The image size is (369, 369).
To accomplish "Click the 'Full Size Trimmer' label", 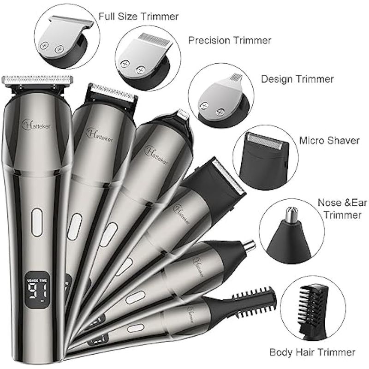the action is tap(138, 17).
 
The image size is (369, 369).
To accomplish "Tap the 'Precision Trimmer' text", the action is tap(230, 41).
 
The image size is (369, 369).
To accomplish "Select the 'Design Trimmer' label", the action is tap(298, 79).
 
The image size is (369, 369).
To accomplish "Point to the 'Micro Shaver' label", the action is tap(329, 141).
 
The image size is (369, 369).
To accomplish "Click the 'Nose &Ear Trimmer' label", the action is tap(342, 209).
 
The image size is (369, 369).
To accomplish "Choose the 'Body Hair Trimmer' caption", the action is tap(312, 352).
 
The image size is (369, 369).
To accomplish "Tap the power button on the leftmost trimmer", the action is tap(37, 222).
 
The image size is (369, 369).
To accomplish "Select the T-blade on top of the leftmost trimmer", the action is tap(37, 79).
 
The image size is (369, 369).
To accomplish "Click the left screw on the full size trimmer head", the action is tap(44, 45).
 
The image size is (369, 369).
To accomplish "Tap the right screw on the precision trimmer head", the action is tap(140, 70).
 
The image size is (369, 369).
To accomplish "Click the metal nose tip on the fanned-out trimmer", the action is tap(250, 245).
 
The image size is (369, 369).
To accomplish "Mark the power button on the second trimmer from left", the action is tap(74, 226).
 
